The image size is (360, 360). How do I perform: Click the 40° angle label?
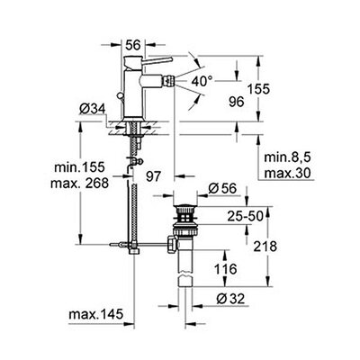pos(202,81)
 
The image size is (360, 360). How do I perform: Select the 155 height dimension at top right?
pos(258,89)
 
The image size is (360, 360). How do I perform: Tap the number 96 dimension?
pos(237,102)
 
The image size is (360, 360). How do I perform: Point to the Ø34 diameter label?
pos(93,109)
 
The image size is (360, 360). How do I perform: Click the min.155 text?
pos(79,167)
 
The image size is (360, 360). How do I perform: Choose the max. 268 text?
pos(79,183)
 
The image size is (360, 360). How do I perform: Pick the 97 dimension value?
pos(154,176)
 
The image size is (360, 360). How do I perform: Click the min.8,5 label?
pos(287,157)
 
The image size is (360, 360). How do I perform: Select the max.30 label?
pos(287,173)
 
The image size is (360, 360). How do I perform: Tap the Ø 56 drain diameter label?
pos(223,188)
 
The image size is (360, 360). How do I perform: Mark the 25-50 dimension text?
pos(245,216)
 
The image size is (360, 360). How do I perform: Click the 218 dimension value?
pos(265,247)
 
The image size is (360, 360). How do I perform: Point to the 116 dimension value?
pos(225,269)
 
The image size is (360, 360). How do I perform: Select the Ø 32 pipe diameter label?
pos(230,299)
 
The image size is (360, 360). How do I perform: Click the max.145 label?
pos(96,314)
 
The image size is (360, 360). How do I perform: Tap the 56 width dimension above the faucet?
pos(133,45)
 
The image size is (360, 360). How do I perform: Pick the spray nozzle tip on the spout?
pos(168,80)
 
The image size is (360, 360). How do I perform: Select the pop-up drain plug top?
pos(185,207)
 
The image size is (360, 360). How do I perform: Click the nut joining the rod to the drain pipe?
pos(172,245)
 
